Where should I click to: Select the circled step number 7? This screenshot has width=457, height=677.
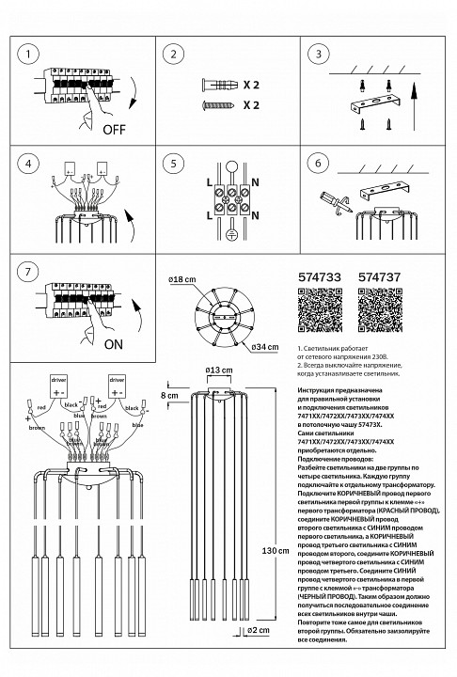pos(31,272)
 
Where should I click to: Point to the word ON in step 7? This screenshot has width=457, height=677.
pos(113,344)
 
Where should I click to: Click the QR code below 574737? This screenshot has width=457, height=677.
pos(381,309)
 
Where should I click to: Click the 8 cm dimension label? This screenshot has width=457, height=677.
pos(170,396)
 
